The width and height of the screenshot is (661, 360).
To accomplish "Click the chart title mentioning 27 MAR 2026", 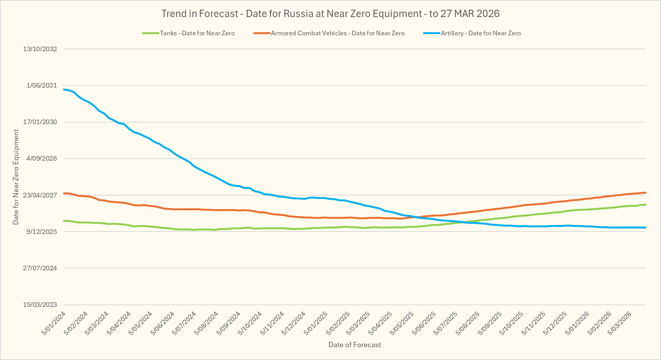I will click(x=330, y=14).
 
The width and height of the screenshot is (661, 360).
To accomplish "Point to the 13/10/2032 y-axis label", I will click(x=40, y=49).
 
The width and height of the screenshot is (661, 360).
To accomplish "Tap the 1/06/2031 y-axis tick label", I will click(x=41, y=85).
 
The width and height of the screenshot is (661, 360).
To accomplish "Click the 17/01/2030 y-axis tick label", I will click(x=40, y=122).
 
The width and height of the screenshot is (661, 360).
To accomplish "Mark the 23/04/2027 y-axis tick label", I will click(x=40, y=195).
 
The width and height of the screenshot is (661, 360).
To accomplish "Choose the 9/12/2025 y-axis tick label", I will click(x=41, y=232).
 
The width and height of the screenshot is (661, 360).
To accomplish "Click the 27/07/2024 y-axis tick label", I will click(x=40, y=268).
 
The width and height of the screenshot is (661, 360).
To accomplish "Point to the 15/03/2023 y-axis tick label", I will click(x=40, y=305).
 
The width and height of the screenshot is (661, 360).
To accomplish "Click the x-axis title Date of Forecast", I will click(x=355, y=345).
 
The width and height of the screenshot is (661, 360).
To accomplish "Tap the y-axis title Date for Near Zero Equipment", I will click(x=16, y=177).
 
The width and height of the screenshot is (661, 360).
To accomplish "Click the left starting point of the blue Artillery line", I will click(x=64, y=90).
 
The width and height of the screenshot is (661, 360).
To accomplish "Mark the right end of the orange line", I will click(x=645, y=192).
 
